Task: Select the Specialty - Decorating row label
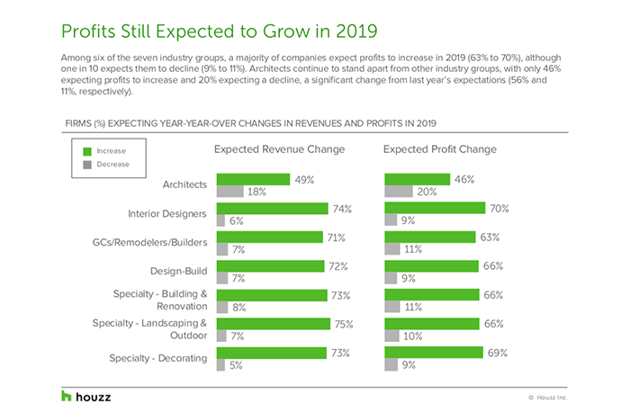coord(160,359)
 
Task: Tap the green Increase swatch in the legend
coord(86,151)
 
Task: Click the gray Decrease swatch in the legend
coord(86,165)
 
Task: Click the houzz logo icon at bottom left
coord(66,396)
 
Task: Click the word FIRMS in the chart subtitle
coord(79,121)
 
